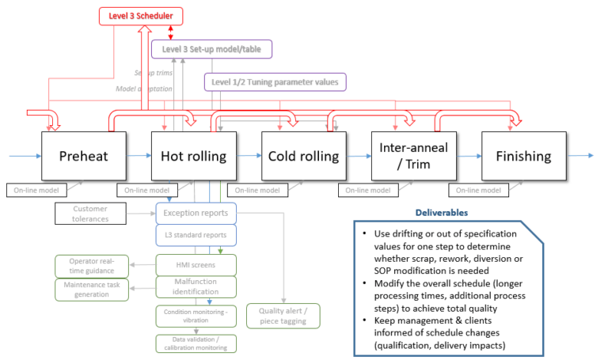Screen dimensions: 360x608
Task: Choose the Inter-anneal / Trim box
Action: [x=413, y=156]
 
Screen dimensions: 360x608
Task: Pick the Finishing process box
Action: [x=523, y=156]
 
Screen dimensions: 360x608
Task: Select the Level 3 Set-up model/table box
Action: [x=211, y=49]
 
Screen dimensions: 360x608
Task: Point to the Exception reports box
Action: [x=196, y=213]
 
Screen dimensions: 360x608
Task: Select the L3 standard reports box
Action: [x=196, y=236]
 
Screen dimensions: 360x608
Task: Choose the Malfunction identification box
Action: [x=196, y=286]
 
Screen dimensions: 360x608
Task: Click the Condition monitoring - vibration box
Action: [x=196, y=315]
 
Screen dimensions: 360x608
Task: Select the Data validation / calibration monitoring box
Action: [x=196, y=343]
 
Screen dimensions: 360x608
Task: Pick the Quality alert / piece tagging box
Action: [x=283, y=316]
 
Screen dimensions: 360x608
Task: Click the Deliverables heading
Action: [x=441, y=212]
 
